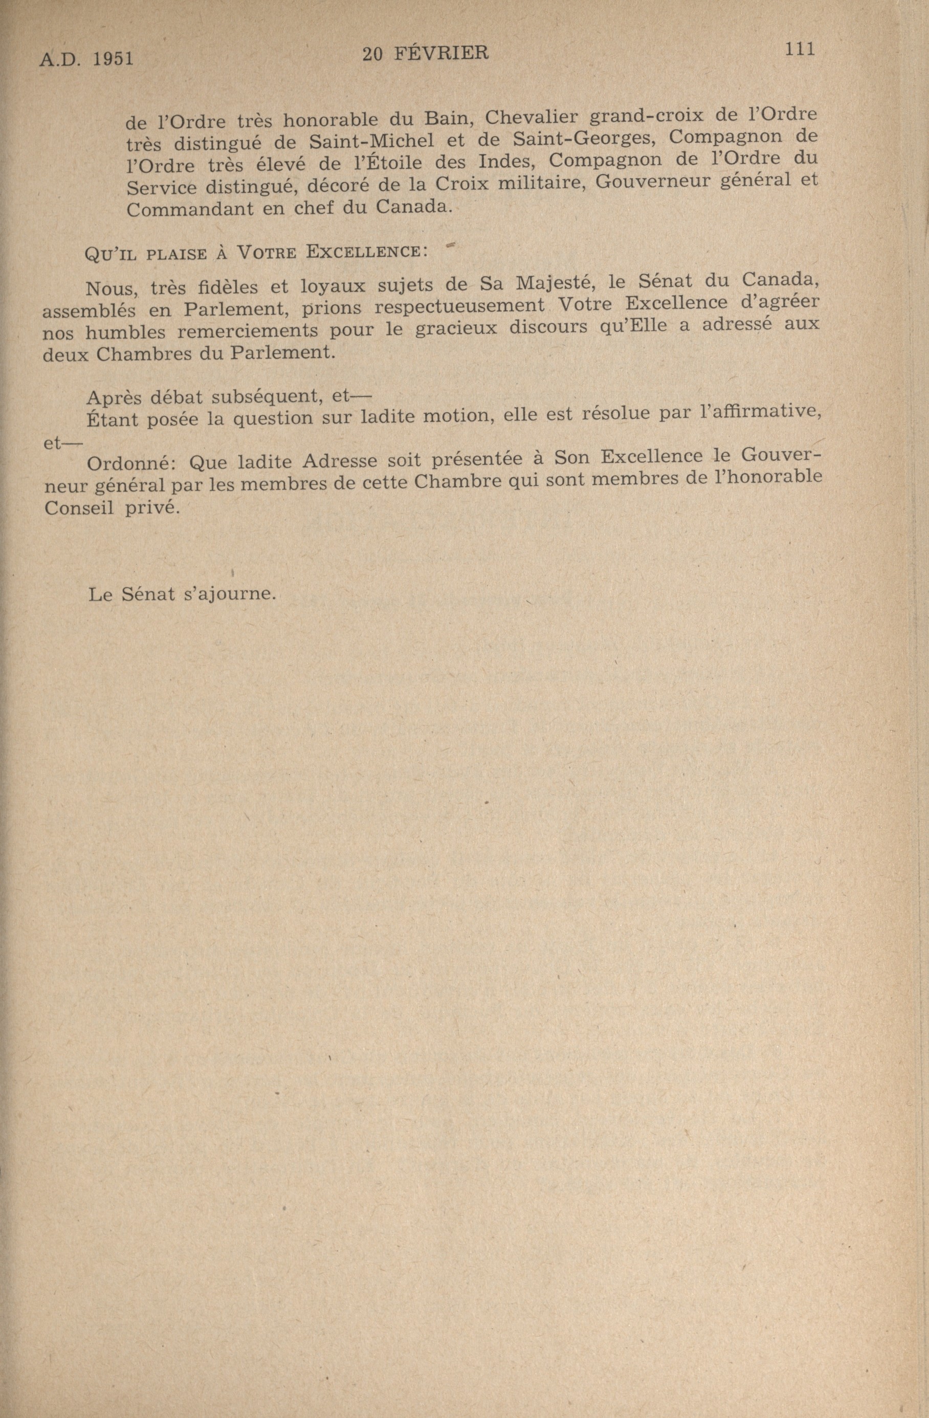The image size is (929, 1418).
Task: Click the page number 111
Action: [799, 50]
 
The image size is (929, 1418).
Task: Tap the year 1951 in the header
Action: [113, 59]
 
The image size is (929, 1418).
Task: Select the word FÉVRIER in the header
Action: [441, 54]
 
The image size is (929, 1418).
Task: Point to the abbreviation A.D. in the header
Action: [59, 59]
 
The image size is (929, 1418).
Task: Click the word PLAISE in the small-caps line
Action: [176, 254]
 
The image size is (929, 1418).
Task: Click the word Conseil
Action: [78, 506]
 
